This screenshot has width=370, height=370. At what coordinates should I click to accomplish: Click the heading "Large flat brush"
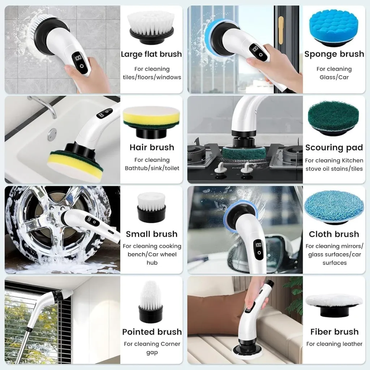151,54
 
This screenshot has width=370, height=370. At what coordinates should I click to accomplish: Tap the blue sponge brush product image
334,28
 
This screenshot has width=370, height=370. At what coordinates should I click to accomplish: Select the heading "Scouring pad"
334,147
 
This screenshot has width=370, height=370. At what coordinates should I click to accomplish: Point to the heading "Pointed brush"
152,332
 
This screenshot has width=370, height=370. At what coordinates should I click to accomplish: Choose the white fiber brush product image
334,304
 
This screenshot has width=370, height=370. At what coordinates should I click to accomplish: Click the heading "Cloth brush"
334,234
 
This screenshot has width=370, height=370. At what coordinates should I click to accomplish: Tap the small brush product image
151,207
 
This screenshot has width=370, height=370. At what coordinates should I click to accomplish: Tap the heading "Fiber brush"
334,332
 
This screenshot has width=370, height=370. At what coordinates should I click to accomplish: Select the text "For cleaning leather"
334,344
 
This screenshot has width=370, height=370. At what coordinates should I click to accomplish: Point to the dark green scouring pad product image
333,117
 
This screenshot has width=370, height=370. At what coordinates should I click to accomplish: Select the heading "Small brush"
151,234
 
